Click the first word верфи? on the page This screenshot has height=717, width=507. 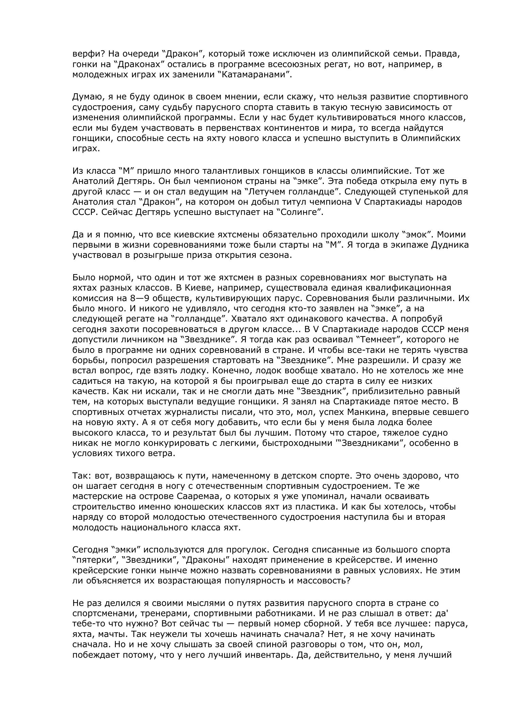(85, 54)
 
